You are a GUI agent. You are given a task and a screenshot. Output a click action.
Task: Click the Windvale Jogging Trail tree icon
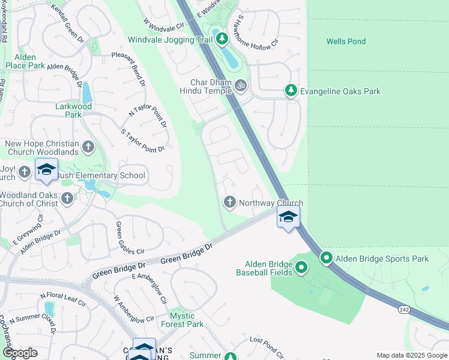(223, 40)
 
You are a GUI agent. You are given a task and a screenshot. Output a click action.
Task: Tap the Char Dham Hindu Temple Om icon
(241, 85)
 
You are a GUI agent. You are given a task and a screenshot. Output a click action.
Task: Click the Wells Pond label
(346, 41)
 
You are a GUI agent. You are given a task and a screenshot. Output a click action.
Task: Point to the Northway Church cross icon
(229, 202)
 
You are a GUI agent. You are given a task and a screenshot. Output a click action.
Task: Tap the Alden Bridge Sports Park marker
(327, 259)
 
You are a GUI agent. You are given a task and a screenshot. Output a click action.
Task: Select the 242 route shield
(404, 308)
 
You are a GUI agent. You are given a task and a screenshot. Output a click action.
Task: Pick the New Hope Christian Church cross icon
(88, 146)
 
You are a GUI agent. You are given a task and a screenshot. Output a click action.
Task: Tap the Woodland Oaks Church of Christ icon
(67, 198)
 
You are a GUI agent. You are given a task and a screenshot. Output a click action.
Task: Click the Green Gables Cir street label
(129, 237)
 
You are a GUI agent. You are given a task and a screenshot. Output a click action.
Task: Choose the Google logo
(20, 353)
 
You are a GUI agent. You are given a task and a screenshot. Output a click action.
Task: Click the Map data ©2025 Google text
(412, 355)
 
